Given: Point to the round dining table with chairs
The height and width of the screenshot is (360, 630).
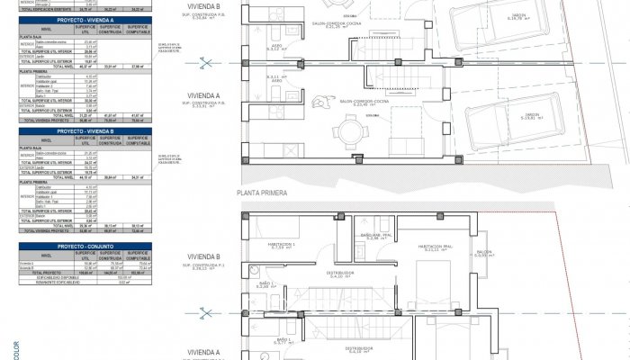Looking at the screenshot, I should coord(348,136).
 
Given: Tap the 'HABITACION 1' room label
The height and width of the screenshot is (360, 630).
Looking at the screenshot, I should coord(283,244).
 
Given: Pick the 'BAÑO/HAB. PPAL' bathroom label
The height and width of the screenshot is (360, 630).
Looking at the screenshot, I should coord(373,235).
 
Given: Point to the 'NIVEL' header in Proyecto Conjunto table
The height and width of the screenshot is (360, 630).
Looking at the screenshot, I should coord(37,255).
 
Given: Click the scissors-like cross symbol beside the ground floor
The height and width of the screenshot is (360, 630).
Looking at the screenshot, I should coord(208,61).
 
